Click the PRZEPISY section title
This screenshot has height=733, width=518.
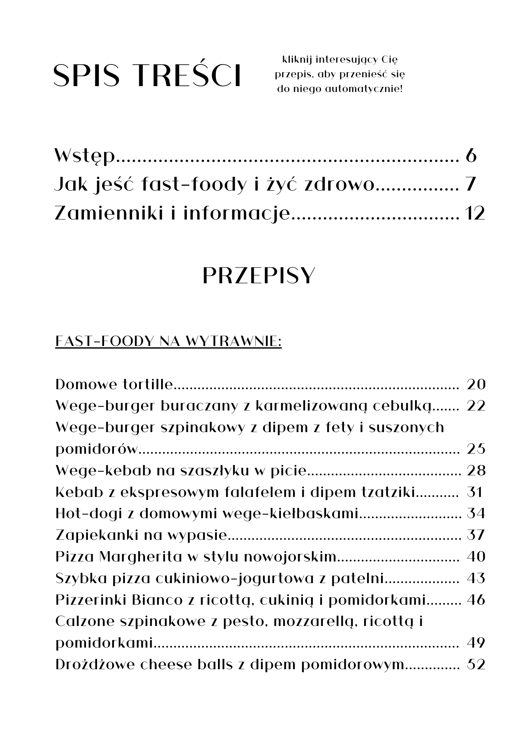(259, 276)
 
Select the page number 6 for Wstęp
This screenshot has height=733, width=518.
(471, 156)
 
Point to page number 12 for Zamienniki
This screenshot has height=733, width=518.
(474, 213)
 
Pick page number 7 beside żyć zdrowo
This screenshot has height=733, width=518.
(471, 185)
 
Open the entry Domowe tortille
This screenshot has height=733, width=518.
(114, 384)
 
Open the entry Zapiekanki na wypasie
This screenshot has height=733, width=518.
(141, 535)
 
